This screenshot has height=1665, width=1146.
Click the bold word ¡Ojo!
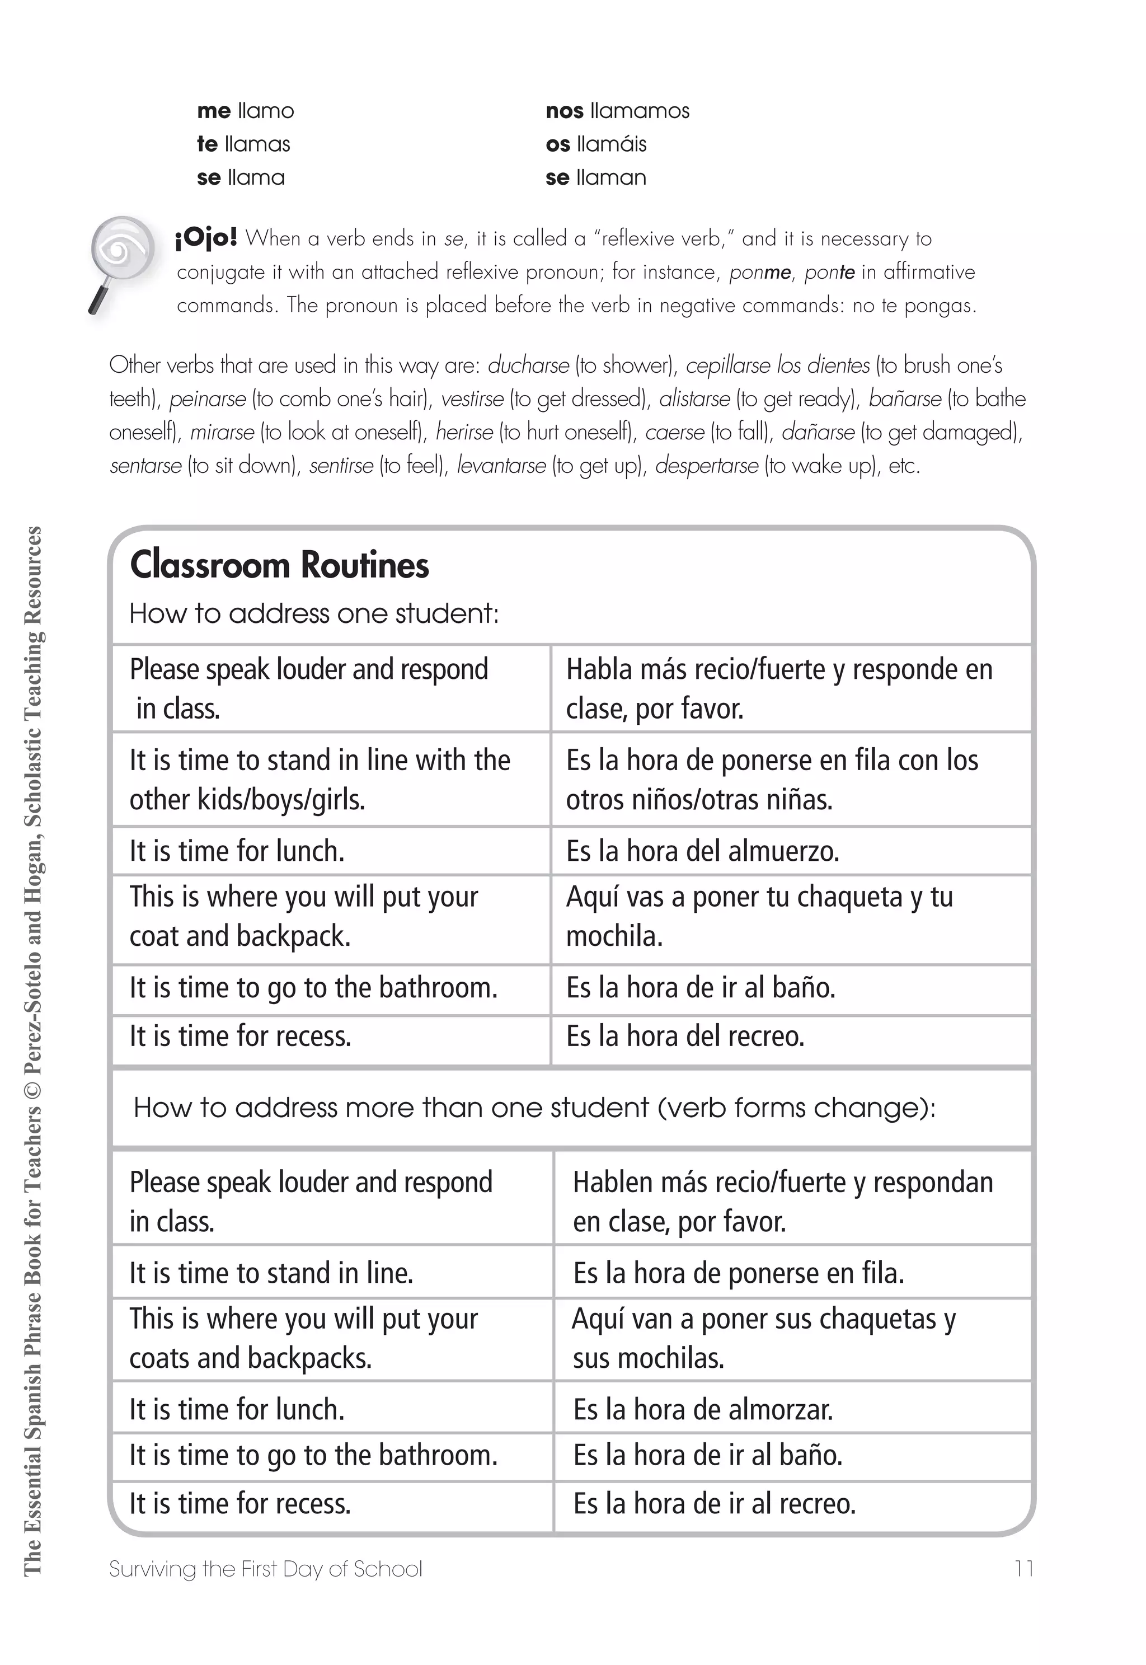206,238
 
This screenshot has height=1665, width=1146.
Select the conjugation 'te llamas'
243,144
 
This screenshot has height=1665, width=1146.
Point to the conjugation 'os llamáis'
595,144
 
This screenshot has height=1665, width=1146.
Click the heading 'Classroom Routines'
279,565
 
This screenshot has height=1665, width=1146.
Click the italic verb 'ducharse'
528,365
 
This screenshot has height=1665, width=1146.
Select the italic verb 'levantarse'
501,466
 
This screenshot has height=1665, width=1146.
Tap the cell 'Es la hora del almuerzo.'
702,851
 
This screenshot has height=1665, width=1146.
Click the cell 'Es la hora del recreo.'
685,1036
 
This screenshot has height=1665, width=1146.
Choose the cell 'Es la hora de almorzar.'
702,1409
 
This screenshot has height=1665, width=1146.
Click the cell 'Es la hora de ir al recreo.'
714,1503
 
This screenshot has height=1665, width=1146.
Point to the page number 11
1024,1569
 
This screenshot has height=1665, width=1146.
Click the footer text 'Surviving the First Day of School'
266,1569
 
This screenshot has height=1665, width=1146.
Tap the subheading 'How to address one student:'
314,614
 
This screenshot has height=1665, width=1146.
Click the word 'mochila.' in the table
614,937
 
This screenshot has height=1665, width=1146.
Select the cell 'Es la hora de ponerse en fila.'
738,1274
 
